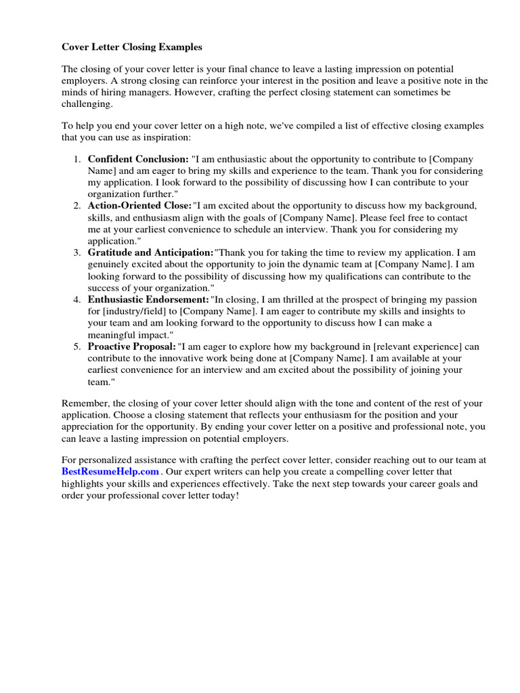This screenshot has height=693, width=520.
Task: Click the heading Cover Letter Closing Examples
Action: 132,47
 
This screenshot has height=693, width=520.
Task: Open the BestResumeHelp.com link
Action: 110,471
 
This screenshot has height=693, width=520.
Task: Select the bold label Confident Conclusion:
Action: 138,158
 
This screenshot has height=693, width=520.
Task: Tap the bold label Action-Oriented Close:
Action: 139,205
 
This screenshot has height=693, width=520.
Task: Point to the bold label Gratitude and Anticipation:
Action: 150,252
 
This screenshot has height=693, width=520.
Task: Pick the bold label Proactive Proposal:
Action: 132,346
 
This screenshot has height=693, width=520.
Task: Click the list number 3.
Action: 77,252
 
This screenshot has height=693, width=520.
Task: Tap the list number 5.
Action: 77,346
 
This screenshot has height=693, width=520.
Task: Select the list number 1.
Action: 77,158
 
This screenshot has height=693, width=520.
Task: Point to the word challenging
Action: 88,105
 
